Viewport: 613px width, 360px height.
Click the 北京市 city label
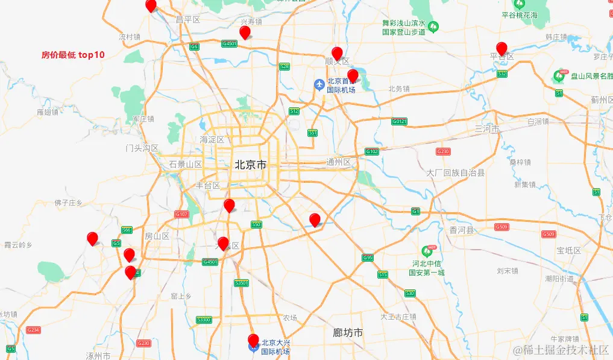tap(250, 164)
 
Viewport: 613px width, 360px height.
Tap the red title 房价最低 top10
tap(73, 55)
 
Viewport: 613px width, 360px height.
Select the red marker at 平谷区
tap(501, 49)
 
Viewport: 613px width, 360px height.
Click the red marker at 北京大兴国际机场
tap(253, 341)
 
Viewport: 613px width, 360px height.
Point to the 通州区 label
tap(338, 162)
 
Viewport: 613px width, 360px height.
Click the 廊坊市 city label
tap(348, 332)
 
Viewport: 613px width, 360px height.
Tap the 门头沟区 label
tap(142, 148)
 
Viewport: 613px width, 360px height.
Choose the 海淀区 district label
tap(212, 139)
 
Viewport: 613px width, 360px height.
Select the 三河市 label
tap(487, 129)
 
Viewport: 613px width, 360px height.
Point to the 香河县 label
tap(462, 230)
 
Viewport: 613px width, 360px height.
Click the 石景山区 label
tap(185, 164)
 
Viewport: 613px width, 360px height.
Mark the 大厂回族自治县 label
tap(456, 172)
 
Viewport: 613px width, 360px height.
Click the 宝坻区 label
tap(568, 250)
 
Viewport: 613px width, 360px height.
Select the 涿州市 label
tap(98, 355)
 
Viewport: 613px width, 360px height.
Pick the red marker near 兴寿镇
tap(245, 33)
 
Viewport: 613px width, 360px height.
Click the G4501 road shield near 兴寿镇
tap(230, 44)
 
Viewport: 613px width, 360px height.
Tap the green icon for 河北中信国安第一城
tap(429, 250)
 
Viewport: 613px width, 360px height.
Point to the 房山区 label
tap(158, 236)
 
